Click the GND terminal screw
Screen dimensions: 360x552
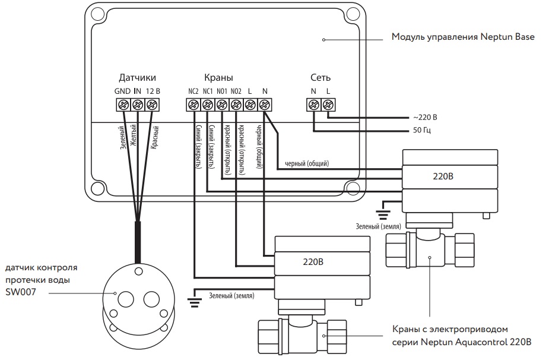(123, 105)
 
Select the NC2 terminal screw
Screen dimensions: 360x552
(193, 105)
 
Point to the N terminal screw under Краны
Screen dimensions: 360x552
(264, 105)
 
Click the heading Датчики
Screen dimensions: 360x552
(137, 78)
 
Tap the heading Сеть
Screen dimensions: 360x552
(321, 78)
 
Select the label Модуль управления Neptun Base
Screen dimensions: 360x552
(463, 37)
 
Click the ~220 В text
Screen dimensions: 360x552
(425, 118)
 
